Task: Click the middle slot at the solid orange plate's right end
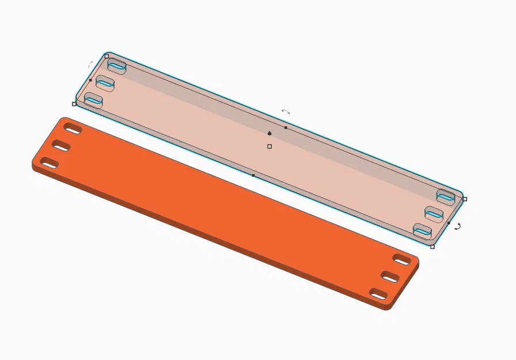(391, 277)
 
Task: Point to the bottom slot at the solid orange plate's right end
(379, 294)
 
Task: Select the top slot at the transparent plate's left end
(117, 66)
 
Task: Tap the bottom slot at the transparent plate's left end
(93, 101)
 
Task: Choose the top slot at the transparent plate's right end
(446, 196)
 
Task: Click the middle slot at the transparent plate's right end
(434, 214)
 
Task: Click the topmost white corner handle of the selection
(107, 56)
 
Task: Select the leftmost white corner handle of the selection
(74, 104)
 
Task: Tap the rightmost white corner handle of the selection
(465, 199)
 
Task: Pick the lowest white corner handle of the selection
(432, 247)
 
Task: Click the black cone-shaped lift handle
(270, 133)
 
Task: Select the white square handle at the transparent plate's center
(270, 146)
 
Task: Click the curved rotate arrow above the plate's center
(286, 112)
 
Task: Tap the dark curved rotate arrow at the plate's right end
(457, 227)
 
